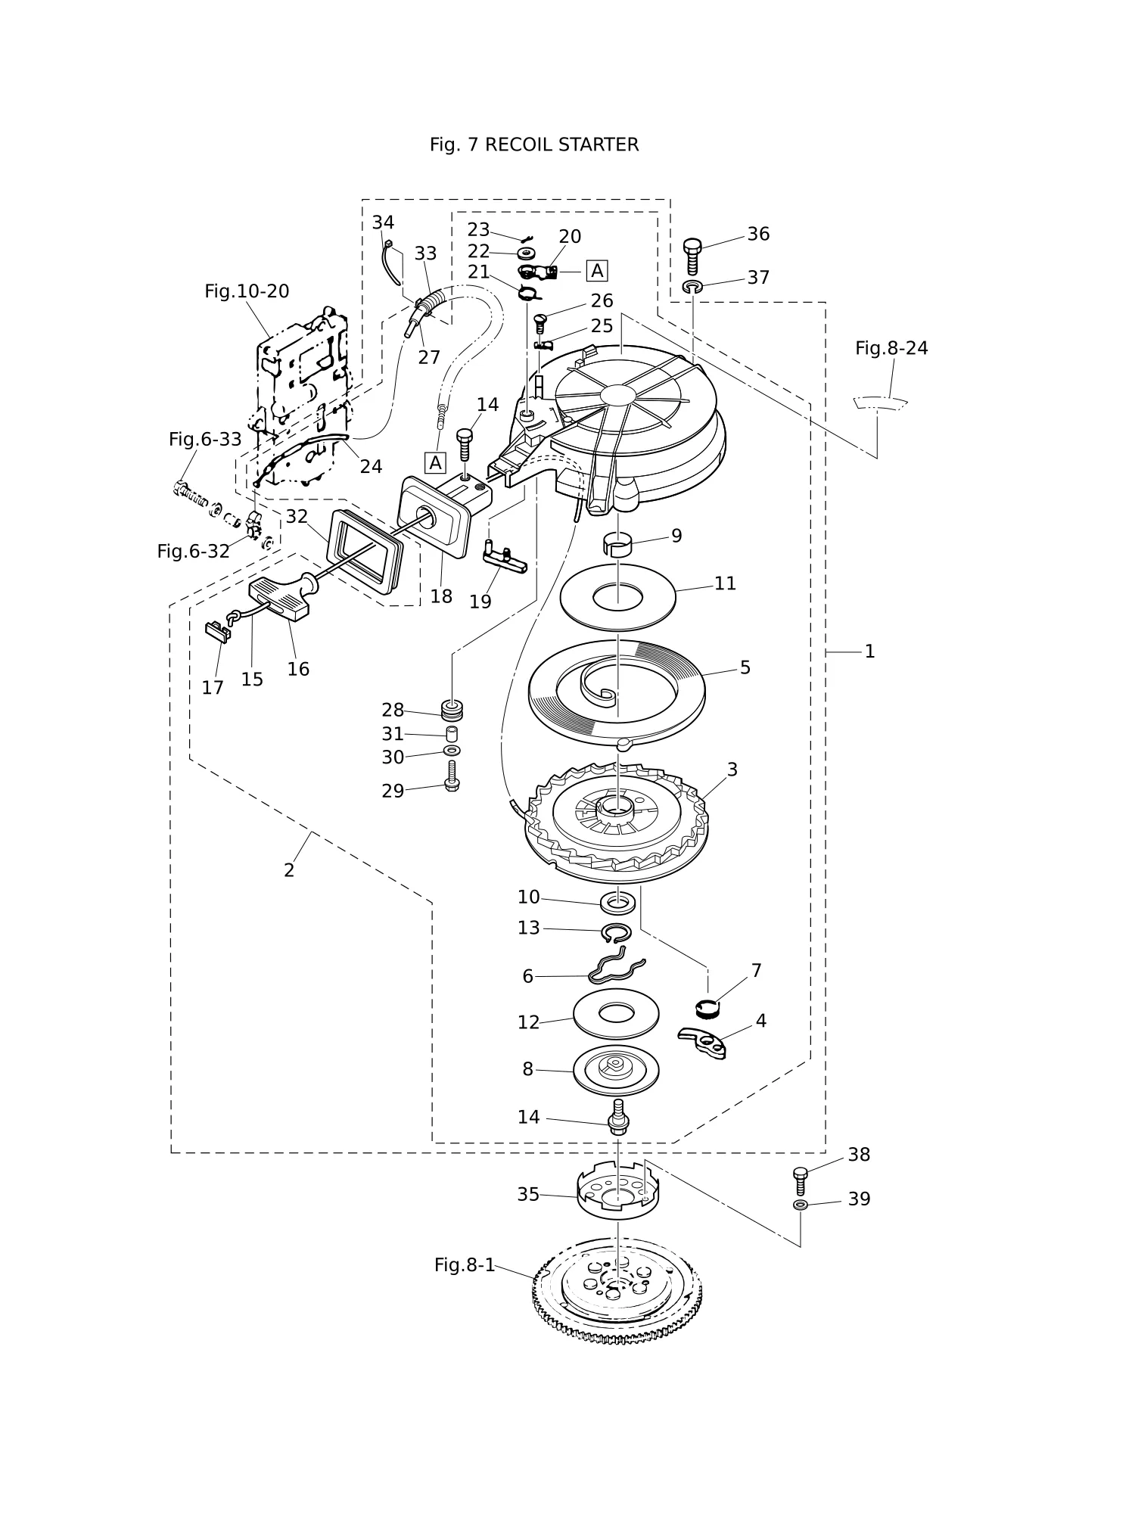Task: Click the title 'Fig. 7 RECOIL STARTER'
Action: pos(533,145)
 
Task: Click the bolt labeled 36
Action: pos(692,257)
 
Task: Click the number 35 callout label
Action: pos(528,1194)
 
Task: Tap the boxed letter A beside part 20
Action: pos(597,271)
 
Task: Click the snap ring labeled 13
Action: pos(617,932)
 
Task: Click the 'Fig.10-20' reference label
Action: pos(247,291)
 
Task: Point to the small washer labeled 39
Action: pos(801,1204)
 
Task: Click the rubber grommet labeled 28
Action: pos(452,711)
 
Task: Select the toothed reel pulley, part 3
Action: pos(617,822)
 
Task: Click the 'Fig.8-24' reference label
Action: pos(891,348)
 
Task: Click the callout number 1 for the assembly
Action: pos(869,652)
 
